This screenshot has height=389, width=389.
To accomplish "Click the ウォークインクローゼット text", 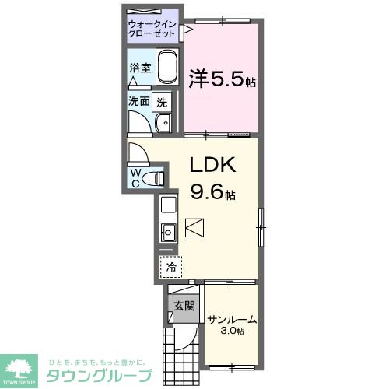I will (152, 29).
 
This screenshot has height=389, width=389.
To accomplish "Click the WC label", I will (136, 177).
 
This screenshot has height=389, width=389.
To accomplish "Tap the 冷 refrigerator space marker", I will (170, 266).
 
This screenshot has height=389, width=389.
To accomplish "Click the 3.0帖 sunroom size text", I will (232, 331).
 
